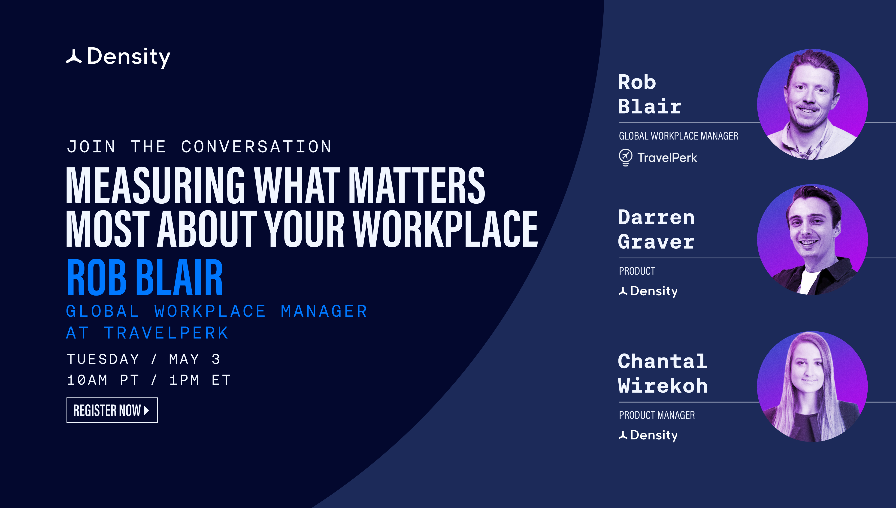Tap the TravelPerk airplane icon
625,157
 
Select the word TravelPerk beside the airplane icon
667,158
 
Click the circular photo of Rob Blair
812,104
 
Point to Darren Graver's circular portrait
812,240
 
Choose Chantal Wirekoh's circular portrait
812,386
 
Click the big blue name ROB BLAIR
145,278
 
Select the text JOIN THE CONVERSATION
199,147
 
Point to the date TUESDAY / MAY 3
143,359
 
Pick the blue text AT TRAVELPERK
147,333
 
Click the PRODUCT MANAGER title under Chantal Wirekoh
657,415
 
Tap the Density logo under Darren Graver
648,291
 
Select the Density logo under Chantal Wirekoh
648,435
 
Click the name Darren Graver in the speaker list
656,229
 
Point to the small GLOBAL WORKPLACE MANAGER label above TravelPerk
678,136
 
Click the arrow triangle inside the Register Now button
147,410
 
